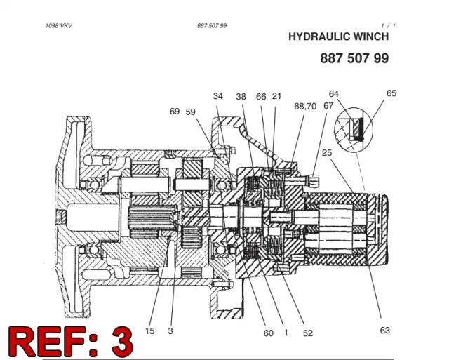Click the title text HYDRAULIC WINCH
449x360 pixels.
[338, 36]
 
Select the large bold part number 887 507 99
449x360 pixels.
[354, 58]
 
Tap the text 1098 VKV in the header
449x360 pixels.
[59, 26]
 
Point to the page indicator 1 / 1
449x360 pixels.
[388, 26]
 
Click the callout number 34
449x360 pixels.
[218, 96]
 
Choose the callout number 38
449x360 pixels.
[241, 97]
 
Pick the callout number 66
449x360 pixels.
[261, 97]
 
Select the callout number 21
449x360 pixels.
[276, 96]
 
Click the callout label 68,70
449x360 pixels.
[305, 106]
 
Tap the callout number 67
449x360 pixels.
[328, 106]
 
